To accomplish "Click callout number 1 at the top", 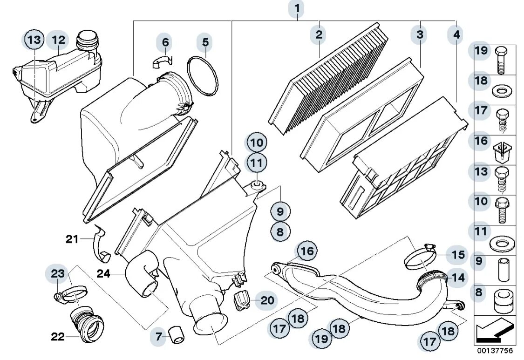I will tap(296, 8).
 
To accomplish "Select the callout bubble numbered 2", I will tap(319, 34).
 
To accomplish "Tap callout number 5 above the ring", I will tap(204, 42).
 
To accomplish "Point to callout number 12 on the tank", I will tap(58, 40).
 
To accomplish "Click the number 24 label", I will tap(103, 274).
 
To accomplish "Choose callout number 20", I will tap(267, 300).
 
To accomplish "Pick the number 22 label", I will tap(58, 336).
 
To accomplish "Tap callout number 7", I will tap(159, 336).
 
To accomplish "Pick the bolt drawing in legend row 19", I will tap(501, 61).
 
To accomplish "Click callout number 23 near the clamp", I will tap(58, 274).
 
